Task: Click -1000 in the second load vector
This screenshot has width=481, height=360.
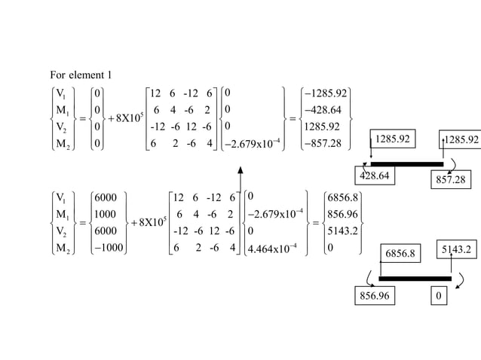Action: point(106,247)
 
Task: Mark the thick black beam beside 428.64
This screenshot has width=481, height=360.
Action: point(406,163)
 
